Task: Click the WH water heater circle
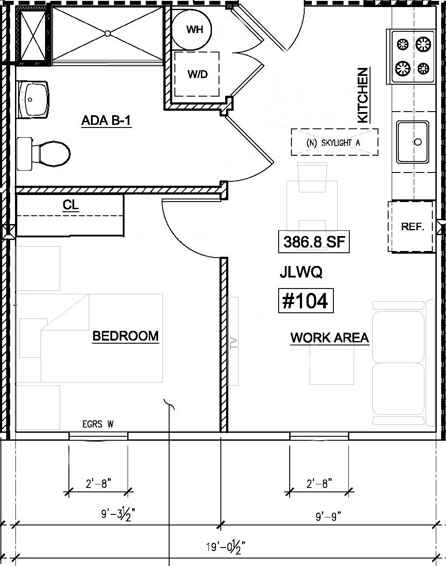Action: pyautogui.click(x=191, y=30)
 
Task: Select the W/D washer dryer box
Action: pyautogui.click(x=197, y=74)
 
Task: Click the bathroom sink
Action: pyautogui.click(x=33, y=99)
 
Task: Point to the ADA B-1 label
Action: pyautogui.click(x=106, y=120)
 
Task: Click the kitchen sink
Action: pyautogui.click(x=412, y=142)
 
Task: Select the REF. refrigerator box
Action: pyautogui.click(x=412, y=227)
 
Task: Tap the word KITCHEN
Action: pyautogui.click(x=362, y=95)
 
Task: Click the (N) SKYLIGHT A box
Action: pyautogui.click(x=334, y=142)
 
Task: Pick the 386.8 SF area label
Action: pyautogui.click(x=314, y=242)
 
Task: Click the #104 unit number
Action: pyautogui.click(x=305, y=301)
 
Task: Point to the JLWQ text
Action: pyautogui.click(x=301, y=273)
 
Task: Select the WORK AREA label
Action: pyautogui.click(x=329, y=338)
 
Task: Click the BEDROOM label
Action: pyautogui.click(x=125, y=336)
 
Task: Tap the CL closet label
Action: pyautogui.click(x=71, y=205)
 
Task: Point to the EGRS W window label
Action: pyautogui.click(x=98, y=424)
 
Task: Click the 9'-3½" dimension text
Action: pyautogui.click(x=117, y=514)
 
